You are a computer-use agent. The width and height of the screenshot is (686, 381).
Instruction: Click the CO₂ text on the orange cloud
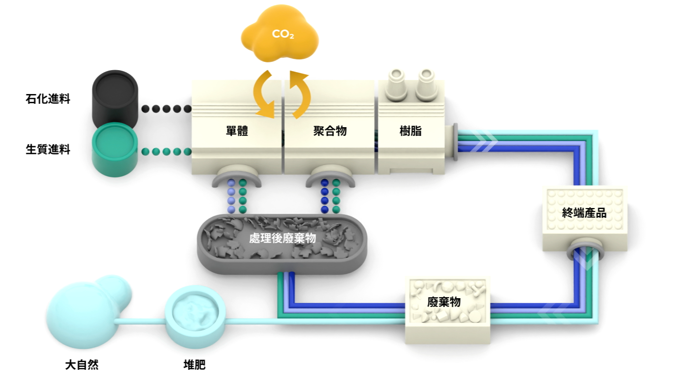[283, 34]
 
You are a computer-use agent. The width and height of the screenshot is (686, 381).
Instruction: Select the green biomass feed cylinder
[115, 150]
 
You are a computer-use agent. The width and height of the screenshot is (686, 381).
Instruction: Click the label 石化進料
[48, 99]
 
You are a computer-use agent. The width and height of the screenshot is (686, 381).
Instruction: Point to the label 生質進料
[48, 150]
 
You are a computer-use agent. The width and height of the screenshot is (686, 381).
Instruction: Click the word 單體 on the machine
[237, 131]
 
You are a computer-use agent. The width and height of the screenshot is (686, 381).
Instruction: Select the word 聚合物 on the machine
[330, 131]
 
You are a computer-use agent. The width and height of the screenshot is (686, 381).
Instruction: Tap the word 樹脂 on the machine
[410, 131]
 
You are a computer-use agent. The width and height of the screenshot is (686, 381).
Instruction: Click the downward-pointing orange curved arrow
[264, 95]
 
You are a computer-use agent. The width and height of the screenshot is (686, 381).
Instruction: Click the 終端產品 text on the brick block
[584, 213]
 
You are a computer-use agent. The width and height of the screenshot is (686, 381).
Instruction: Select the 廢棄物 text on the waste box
[444, 302]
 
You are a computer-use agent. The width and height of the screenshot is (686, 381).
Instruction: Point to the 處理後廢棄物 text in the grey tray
[282, 238]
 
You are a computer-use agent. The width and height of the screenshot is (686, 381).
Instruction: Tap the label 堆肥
[194, 365]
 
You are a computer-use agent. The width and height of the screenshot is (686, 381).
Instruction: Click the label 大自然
[82, 365]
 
